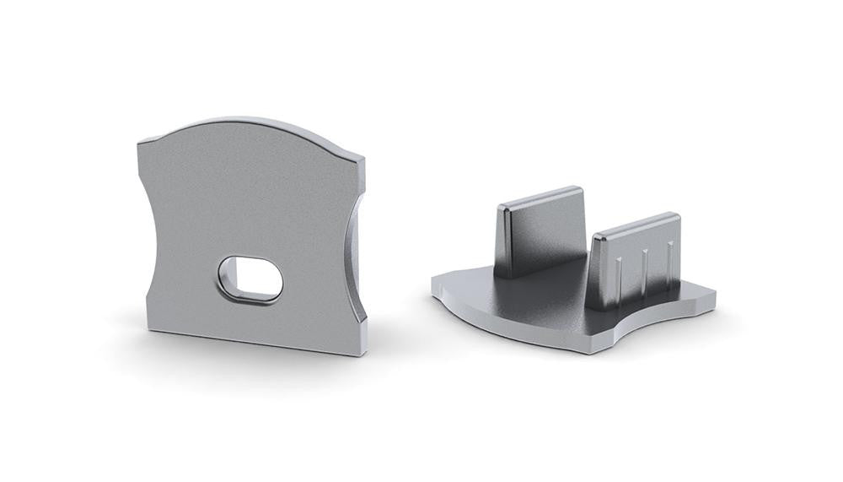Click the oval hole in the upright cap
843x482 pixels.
tap(251, 279)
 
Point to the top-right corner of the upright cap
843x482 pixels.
tap(362, 157)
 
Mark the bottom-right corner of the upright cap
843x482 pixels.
tap(363, 353)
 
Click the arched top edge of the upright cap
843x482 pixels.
tap(244, 122)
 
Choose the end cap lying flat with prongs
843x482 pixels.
tap(573, 295)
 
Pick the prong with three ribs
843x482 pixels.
tap(636, 257)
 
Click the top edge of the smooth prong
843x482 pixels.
tap(540, 195)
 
